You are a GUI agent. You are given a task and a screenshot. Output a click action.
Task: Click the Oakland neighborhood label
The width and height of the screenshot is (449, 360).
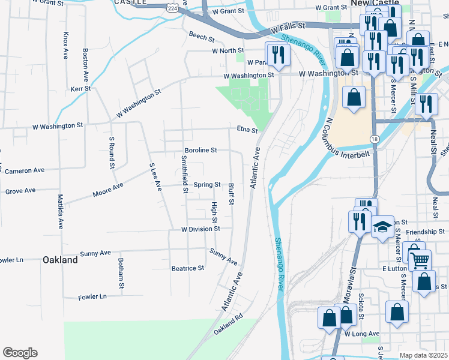tap(60, 260)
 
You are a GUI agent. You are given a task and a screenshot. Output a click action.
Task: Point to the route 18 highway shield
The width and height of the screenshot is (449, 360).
tap(375, 139)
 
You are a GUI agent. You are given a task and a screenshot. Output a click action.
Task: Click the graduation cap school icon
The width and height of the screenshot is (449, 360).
tap(382, 227)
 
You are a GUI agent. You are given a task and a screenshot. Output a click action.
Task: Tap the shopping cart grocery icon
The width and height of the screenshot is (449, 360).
tap(420, 259)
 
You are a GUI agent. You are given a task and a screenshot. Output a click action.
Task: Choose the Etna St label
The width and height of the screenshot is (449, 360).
tap(247, 130)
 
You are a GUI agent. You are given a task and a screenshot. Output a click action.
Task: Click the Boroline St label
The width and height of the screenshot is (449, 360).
tap(200, 150)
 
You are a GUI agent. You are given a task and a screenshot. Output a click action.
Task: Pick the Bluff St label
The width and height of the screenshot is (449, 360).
tap(231, 193)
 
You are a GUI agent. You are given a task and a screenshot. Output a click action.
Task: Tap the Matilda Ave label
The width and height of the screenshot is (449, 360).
tap(60, 212)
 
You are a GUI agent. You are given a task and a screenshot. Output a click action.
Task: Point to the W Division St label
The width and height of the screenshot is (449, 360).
tap(201, 229)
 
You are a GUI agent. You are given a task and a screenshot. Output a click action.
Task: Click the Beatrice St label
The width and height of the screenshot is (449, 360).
tap(188, 268)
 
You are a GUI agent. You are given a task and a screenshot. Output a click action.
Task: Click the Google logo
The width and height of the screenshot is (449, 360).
tap(20, 353)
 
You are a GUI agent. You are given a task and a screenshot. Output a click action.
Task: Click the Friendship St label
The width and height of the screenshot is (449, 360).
tap(425, 231)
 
